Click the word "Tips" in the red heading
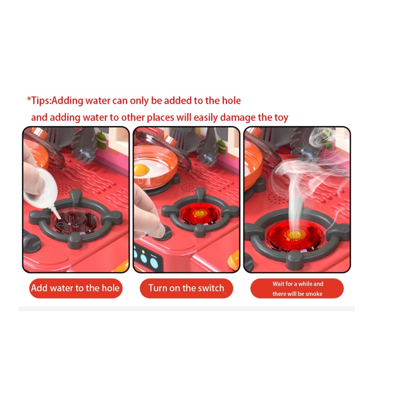coord(41,101)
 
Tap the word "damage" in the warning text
coord(238,118)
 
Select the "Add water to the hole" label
coord(75,288)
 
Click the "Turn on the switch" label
coord(186,288)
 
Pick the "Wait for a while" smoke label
coord(297,288)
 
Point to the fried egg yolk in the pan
coord(142,170)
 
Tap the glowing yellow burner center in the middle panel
coord(200,213)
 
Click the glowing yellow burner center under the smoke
coord(294,234)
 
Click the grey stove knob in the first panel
coord(32,243)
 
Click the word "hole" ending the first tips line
coord(231,101)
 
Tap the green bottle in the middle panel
coord(222,147)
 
